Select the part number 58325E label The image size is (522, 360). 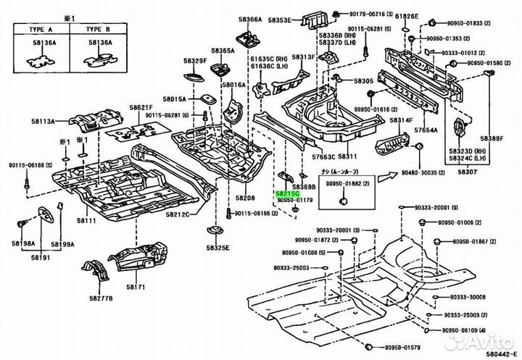pos(216,248)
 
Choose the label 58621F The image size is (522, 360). pos(142,107)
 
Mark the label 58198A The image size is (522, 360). pos(22,245)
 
